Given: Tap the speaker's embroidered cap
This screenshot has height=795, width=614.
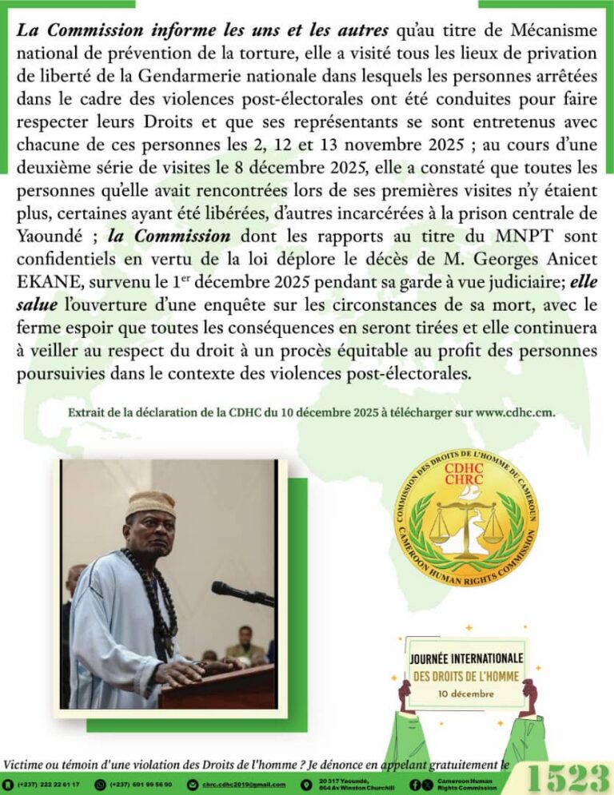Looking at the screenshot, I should pos(151,503).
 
